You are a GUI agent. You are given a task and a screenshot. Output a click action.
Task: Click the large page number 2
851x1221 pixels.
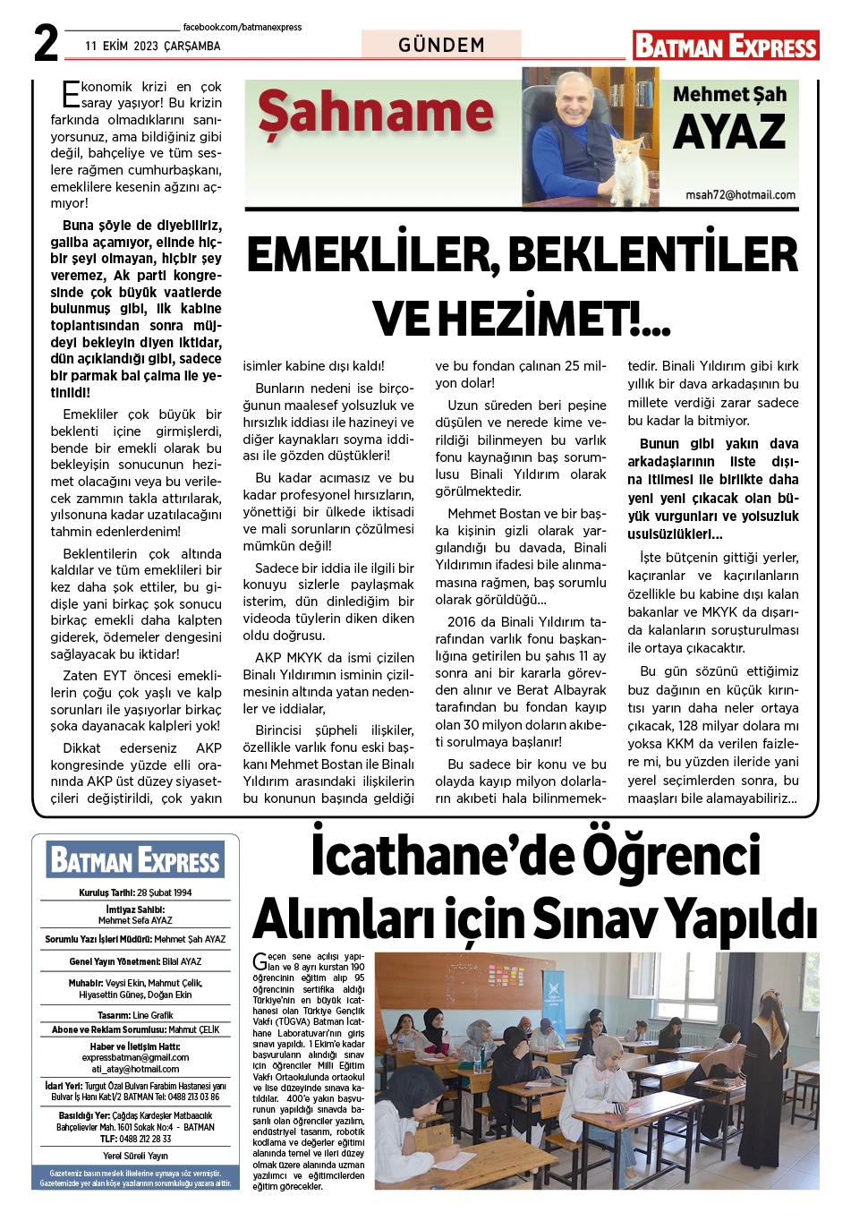click(x=46, y=43)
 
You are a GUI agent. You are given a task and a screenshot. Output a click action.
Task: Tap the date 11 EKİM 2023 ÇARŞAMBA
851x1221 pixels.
click(x=153, y=46)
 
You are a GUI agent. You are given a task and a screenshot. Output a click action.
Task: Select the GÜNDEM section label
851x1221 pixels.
click(x=441, y=45)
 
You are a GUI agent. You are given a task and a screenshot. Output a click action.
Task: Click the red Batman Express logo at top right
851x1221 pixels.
click(x=726, y=46)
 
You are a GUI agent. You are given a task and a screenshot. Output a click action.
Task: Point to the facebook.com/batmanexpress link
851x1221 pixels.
click(x=242, y=28)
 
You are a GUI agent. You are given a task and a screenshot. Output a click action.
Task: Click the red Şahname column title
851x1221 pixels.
click(x=376, y=114)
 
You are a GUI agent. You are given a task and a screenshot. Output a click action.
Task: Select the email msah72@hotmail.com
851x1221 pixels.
click(x=740, y=194)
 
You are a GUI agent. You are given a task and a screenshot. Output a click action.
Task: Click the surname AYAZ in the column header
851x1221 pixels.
click(x=729, y=133)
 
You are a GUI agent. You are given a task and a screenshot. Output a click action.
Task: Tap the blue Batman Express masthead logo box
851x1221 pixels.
click(x=135, y=860)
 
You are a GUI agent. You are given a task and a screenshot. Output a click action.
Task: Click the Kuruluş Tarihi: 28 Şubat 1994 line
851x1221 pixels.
click(x=135, y=892)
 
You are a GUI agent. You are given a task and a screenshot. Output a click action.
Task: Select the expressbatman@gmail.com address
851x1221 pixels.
click(x=135, y=1057)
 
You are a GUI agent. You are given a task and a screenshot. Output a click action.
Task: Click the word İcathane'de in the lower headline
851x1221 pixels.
click(x=424, y=856)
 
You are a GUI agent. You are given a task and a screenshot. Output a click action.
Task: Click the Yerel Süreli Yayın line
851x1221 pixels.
click(x=135, y=1156)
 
